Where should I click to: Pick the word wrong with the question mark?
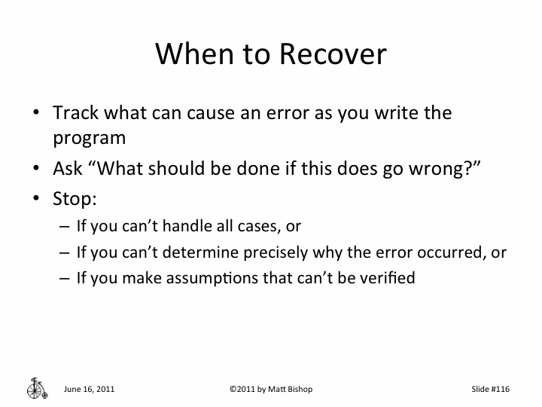tap(443, 168)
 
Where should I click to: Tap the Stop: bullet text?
tap(74, 198)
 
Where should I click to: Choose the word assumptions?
tap(218, 277)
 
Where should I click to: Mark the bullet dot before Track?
tap(35, 115)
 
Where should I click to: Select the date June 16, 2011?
tap(90, 390)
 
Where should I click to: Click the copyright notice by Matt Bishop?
tap(270, 390)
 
